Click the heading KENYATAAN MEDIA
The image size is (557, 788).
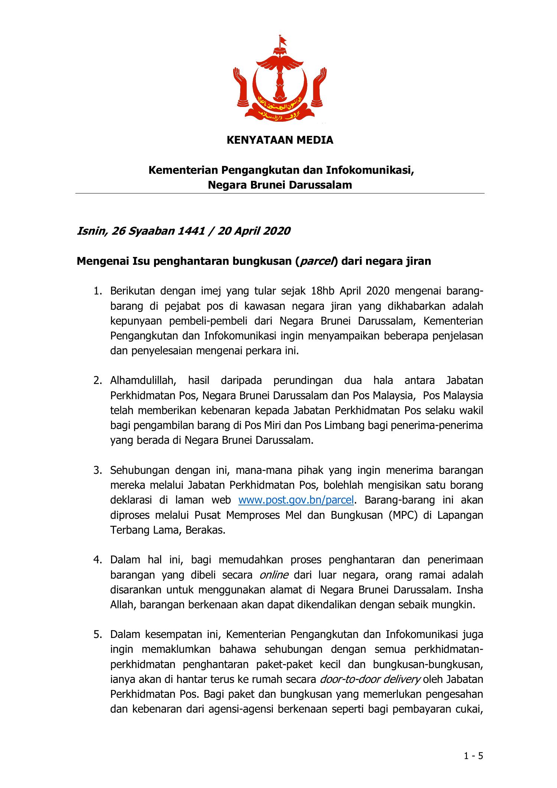pyautogui.click(x=280, y=140)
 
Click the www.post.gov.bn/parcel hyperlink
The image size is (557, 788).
pyautogui.click(x=296, y=500)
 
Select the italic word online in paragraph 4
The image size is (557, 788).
pyautogui.click(x=274, y=575)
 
